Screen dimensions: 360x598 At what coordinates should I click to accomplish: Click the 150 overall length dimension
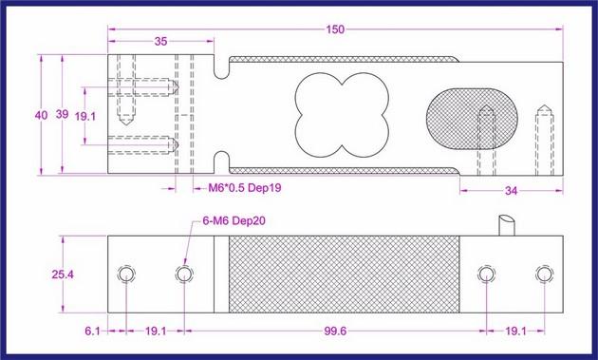tap(334, 29)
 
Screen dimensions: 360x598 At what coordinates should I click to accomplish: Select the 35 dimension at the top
tap(159, 42)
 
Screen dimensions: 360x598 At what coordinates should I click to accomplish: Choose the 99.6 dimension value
tap(344, 332)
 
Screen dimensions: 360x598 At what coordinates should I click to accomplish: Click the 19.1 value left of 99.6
tap(157, 332)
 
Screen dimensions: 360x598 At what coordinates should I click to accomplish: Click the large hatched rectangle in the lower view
tap(344, 275)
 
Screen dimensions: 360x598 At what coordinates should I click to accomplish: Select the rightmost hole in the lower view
tap(542, 275)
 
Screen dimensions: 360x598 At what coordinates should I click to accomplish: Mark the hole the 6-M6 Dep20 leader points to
tap(183, 275)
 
